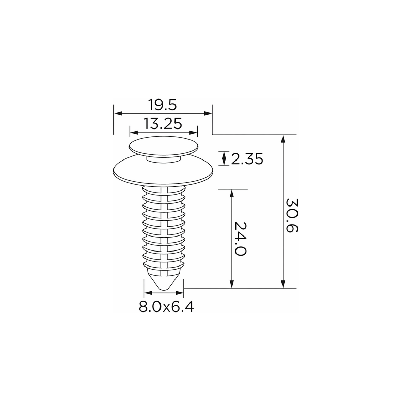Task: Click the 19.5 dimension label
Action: point(162,105)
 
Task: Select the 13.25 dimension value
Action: point(163,124)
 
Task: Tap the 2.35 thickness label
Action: point(247,159)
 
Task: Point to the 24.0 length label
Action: point(240,239)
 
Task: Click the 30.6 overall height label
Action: point(292,215)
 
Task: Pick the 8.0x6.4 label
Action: point(166,307)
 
